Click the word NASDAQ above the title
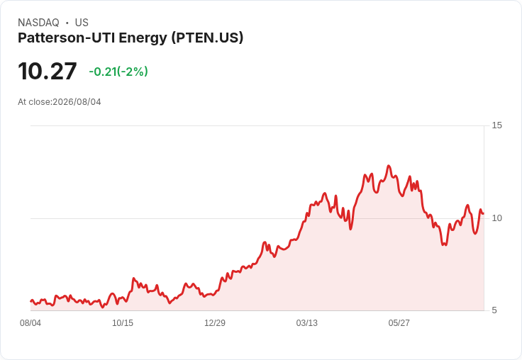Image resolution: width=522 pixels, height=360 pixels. [x=38, y=23]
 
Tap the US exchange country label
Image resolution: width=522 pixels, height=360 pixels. [x=82, y=23]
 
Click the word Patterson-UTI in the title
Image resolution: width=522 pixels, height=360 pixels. [x=67, y=38]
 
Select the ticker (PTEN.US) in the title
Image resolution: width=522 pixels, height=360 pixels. [x=207, y=38]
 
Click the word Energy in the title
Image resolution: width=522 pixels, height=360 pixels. [x=143, y=38]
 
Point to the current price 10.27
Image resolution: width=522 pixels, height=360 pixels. [x=48, y=71]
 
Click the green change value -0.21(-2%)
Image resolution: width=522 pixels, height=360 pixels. [x=118, y=72]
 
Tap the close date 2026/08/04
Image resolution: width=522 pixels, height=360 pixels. [x=77, y=102]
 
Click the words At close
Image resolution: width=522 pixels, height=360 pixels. [x=34, y=102]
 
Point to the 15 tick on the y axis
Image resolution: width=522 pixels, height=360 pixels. [x=496, y=125]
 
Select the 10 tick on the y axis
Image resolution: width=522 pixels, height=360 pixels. [x=496, y=218]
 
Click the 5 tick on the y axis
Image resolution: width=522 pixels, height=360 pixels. [x=494, y=310]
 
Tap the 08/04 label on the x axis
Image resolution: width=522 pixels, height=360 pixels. [x=30, y=323]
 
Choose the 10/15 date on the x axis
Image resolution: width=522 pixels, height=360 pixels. [x=123, y=323]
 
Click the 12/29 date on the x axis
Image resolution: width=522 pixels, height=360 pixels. [x=215, y=323]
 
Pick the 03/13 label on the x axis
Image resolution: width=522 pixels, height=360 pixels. [x=307, y=323]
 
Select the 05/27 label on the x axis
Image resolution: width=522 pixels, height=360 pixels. [x=399, y=323]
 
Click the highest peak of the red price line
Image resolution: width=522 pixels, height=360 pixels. [x=388, y=166]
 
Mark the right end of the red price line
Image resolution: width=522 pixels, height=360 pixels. [x=483, y=213]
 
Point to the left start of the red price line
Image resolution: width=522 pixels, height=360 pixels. [x=30, y=301]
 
